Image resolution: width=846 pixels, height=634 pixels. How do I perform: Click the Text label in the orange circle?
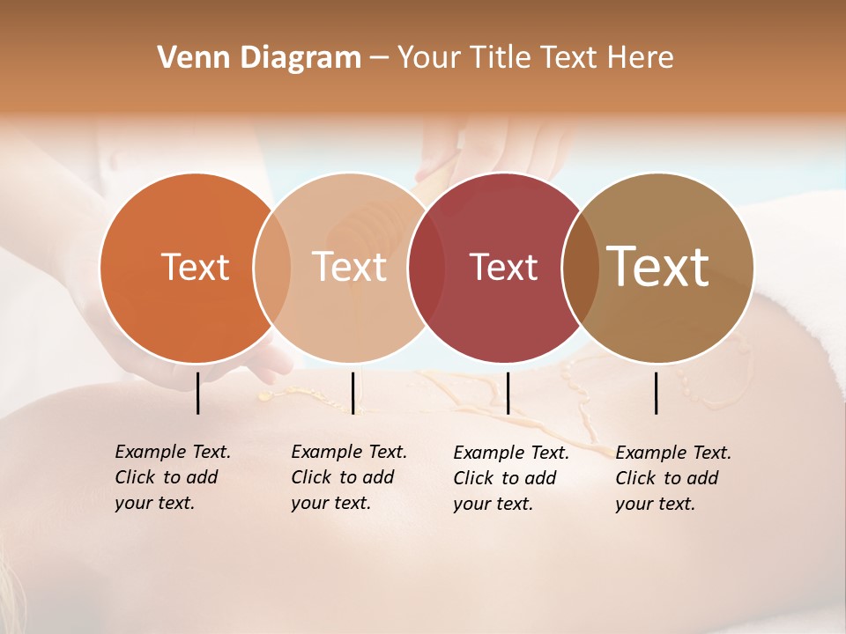pos(195,268)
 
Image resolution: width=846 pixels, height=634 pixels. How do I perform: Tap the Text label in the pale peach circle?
pos(350,268)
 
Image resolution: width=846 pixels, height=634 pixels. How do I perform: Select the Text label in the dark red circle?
pos(503,268)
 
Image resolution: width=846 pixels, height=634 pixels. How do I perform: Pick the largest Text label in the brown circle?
pos(658,266)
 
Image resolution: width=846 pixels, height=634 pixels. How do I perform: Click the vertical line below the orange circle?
pos(198,393)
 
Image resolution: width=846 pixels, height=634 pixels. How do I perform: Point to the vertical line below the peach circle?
pos(352,393)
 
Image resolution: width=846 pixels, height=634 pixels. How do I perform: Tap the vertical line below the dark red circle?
pos(508,393)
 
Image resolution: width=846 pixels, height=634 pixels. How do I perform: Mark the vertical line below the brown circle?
pos(657,393)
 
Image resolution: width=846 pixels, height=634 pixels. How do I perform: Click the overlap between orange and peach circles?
pos(272,268)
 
